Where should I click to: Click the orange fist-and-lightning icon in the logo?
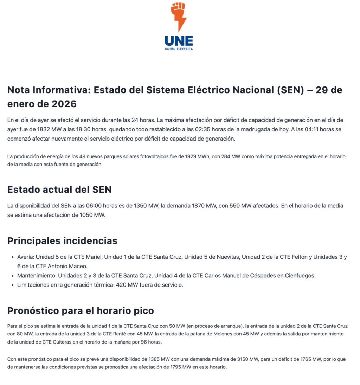[x=179, y=16]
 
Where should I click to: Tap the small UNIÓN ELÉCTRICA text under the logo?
[x=179, y=49]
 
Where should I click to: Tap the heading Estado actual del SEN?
[x=59, y=190]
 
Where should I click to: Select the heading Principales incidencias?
[x=62, y=241]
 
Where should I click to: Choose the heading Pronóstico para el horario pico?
[x=81, y=311]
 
